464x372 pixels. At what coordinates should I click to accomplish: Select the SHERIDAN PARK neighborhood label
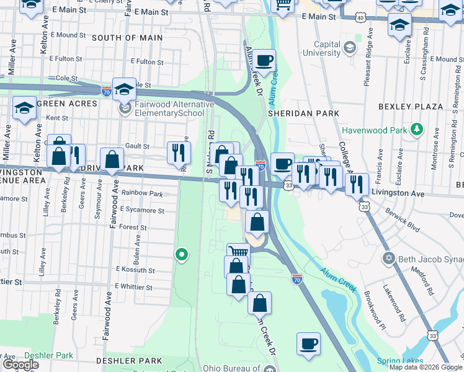(303, 114)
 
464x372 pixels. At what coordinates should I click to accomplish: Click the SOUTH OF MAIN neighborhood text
(127, 38)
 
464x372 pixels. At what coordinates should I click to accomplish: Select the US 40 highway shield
(360, 19)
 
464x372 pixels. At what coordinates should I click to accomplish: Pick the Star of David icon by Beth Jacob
(389, 257)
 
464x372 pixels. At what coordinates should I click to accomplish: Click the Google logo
(20, 365)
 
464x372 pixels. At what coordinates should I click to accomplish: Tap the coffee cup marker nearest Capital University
(264, 60)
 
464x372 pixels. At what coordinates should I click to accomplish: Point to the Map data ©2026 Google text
(425, 367)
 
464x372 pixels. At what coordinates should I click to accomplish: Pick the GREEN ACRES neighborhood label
(68, 104)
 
